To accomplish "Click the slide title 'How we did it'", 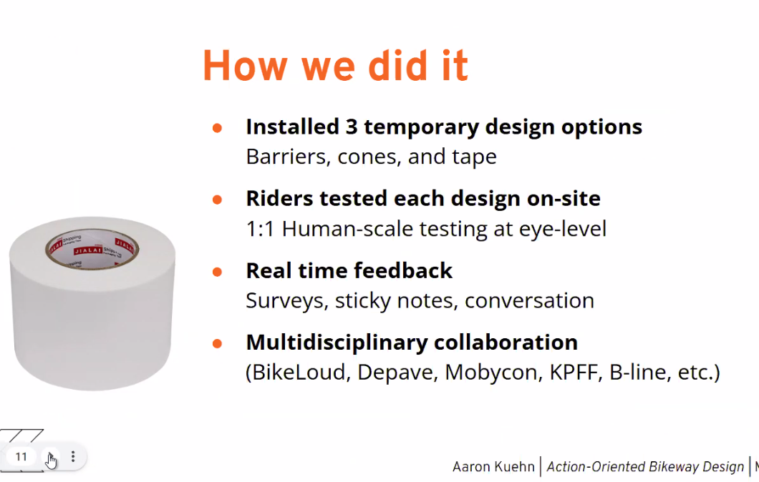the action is click(335, 65).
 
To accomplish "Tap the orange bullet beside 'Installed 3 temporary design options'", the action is click(218, 127).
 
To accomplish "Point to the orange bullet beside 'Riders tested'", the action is click(218, 200).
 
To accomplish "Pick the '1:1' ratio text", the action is click(260, 229).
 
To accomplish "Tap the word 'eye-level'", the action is click(563, 229).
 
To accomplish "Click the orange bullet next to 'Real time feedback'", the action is click(218, 272).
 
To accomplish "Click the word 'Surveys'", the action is click(287, 300).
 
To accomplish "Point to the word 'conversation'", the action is click(529, 300).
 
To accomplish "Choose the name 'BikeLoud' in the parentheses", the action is click(298, 373).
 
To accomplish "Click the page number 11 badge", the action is click(21, 457).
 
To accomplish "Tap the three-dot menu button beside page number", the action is click(73, 456).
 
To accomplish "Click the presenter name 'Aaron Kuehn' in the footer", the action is click(493, 466).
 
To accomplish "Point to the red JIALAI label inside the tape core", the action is click(87, 251).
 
